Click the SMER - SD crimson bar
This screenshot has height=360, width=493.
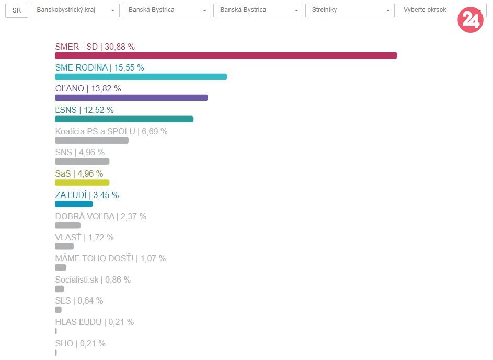click(x=226, y=55)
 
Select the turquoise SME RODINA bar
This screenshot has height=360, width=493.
click(x=141, y=77)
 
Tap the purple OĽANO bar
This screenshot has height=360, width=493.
click(x=131, y=98)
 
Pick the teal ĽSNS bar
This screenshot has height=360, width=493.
click(x=124, y=119)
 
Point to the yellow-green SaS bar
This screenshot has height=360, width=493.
click(x=82, y=183)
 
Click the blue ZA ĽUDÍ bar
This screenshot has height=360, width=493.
click(x=74, y=204)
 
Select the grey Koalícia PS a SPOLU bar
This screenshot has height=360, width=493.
click(x=91, y=141)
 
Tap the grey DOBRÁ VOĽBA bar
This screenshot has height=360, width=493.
click(x=67, y=225)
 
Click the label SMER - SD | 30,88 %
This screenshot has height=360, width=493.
click(x=95, y=47)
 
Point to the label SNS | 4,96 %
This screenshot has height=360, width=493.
click(x=79, y=153)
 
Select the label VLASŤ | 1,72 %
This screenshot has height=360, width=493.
click(x=84, y=237)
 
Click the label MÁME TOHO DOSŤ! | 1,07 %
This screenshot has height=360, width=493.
click(x=110, y=258)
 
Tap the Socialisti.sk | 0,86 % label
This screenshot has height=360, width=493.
click(x=93, y=280)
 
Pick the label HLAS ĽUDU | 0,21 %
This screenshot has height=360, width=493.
click(x=94, y=322)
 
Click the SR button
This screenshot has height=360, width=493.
click(x=16, y=10)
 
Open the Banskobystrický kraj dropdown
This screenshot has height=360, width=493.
click(x=75, y=10)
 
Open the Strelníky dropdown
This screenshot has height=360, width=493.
click(x=350, y=10)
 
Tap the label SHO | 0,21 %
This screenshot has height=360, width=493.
click(x=80, y=343)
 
